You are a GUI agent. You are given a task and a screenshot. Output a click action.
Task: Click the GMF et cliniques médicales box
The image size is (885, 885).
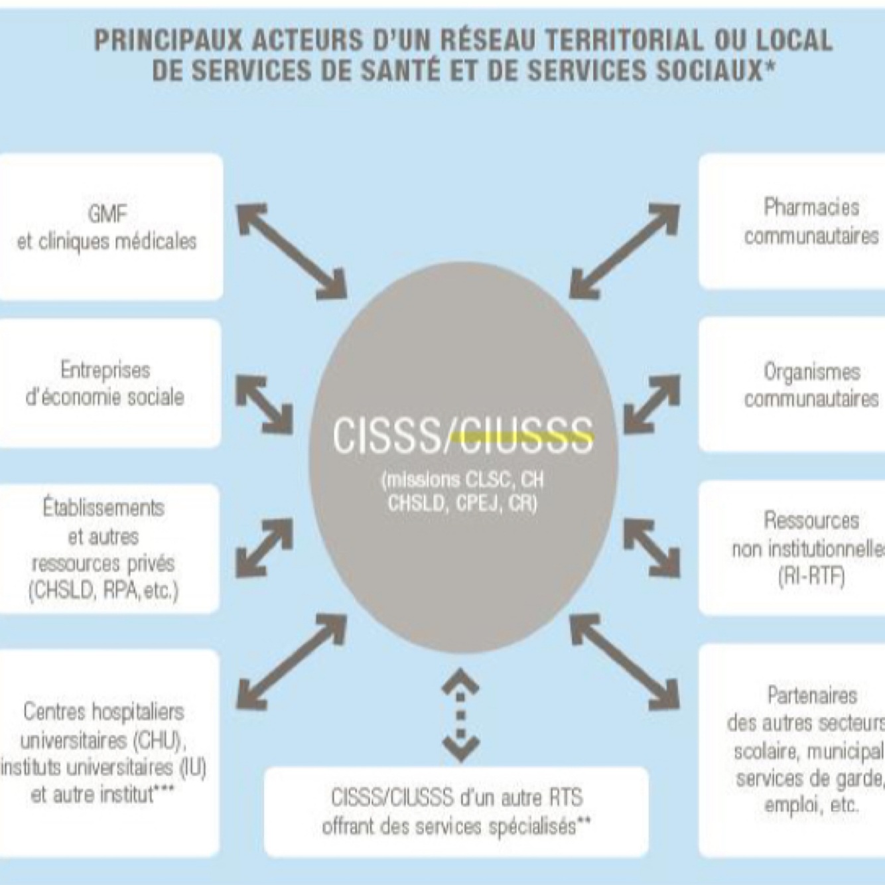pyautogui.click(x=109, y=227)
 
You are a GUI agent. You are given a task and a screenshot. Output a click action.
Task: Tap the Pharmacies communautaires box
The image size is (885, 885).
pyautogui.click(x=793, y=222)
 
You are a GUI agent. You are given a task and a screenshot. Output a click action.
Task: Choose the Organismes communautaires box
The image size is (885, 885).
pyautogui.click(x=793, y=385)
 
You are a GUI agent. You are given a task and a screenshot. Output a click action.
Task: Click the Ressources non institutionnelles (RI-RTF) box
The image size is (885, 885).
pyautogui.click(x=793, y=548)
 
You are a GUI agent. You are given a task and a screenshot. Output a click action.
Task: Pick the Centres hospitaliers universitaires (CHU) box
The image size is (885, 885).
pyautogui.click(x=108, y=752)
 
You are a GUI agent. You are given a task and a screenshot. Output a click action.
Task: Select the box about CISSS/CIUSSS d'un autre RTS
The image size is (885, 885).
pyautogui.click(x=456, y=811)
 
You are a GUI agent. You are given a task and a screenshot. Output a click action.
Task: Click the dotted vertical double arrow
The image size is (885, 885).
pyautogui.click(x=460, y=715)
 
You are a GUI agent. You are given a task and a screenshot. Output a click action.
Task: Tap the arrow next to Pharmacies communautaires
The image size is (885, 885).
pyautogui.click(x=624, y=251)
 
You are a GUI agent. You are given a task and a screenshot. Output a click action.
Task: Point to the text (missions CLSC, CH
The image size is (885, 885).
pyautogui.click(x=462, y=480)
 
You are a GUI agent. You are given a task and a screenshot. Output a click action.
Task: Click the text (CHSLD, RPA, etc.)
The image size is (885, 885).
pyautogui.click(x=103, y=590)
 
